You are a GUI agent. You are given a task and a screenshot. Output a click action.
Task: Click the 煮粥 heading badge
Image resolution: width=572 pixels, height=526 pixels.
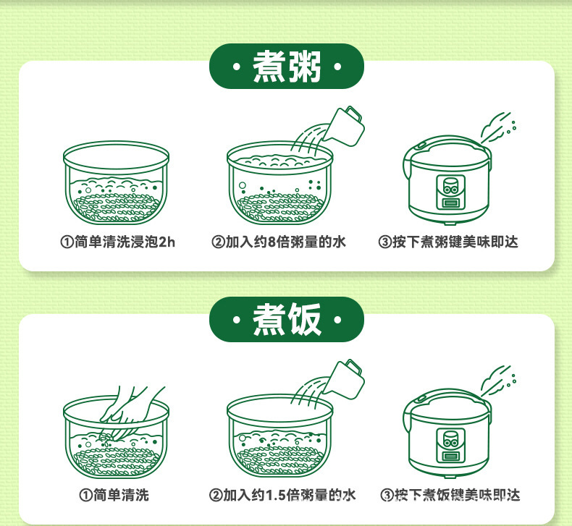point(287,66)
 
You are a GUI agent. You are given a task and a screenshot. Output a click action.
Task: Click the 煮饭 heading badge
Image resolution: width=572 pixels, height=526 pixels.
point(287,319)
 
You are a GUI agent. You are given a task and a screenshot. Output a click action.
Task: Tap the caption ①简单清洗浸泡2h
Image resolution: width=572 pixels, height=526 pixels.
point(117,242)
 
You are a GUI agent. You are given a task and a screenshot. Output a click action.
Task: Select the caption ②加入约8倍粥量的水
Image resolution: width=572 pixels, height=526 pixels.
point(278,242)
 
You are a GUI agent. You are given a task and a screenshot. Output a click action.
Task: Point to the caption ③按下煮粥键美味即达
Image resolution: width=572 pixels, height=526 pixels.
point(448,242)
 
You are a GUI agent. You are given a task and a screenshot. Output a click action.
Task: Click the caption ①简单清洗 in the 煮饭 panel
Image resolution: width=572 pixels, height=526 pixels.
point(114,495)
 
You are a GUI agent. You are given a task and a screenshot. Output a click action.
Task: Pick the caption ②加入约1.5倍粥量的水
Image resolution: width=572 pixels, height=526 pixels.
point(282,495)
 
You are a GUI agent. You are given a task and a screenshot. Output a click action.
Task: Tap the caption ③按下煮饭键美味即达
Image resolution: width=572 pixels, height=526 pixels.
point(450,495)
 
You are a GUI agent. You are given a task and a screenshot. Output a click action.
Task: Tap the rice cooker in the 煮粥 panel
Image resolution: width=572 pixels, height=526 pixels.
point(447,180)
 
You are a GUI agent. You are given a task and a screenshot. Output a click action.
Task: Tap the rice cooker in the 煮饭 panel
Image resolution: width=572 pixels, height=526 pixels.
point(447,434)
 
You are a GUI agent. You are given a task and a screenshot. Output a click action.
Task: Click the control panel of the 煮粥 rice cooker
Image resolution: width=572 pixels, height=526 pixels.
point(450,192)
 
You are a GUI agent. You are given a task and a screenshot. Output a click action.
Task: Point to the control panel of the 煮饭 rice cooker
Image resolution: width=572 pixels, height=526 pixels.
point(450,446)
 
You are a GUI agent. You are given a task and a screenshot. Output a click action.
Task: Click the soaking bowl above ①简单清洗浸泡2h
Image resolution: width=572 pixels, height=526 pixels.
point(116,182)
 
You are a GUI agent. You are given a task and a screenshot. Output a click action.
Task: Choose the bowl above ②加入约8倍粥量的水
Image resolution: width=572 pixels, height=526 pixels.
point(280,182)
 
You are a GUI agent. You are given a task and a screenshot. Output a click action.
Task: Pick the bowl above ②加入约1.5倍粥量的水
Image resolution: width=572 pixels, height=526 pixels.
point(280,436)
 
